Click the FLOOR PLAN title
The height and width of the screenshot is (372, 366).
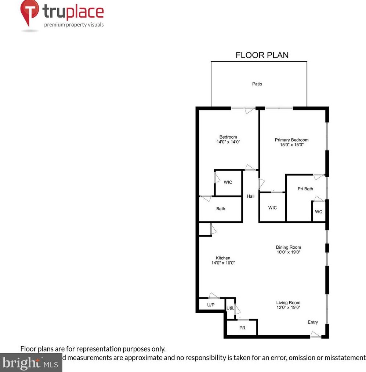(262, 55)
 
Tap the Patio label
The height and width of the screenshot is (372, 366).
(257, 84)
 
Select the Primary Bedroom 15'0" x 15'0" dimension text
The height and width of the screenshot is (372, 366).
(291, 145)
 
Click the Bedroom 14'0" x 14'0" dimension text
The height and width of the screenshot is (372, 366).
(228, 142)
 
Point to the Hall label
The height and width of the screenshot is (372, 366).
(250, 197)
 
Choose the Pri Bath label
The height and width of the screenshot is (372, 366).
(305, 189)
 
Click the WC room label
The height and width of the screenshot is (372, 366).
(318, 212)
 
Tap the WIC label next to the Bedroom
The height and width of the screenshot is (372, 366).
(228, 182)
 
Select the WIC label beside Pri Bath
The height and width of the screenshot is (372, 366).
(272, 208)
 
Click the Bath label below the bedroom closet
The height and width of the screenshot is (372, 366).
(220, 209)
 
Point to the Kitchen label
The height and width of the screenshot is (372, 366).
(223, 258)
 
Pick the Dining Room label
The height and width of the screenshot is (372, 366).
(289, 247)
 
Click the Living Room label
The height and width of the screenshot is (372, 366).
(288, 303)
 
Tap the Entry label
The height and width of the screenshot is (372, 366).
(312, 322)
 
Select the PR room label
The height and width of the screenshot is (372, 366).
(242, 328)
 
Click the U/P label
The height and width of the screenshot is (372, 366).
(210, 305)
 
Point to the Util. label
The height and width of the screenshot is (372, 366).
(230, 308)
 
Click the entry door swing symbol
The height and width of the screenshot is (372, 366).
(315, 335)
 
